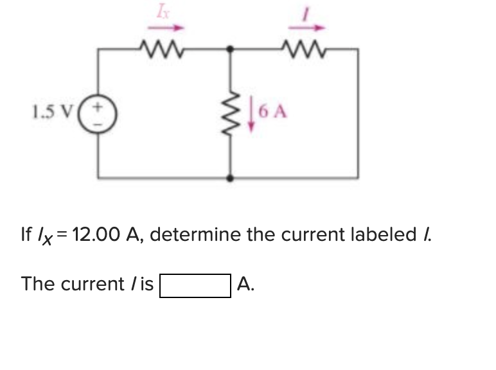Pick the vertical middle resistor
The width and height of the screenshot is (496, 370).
click(230, 112)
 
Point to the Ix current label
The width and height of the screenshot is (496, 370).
click(161, 11)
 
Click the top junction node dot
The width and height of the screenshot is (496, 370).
click(230, 48)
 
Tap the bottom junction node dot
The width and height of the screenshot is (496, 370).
click(230, 177)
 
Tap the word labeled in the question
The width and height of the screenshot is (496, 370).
click(385, 234)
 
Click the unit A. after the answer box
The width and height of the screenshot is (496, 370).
click(246, 283)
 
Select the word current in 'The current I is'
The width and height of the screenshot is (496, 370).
click(89, 283)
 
